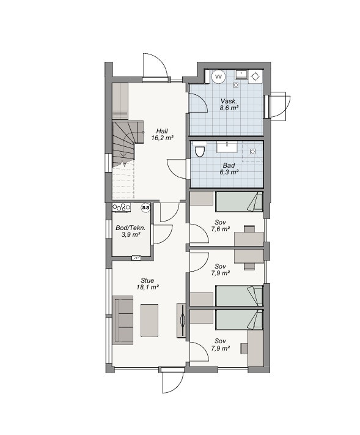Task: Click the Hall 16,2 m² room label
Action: point(163,134)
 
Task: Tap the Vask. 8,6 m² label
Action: point(229,105)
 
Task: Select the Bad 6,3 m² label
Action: point(229,169)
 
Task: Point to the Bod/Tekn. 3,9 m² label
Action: point(131,231)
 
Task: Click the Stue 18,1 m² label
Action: point(147,283)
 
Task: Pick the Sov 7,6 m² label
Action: point(220,226)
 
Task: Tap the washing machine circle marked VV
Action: point(219,76)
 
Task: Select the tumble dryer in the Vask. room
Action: point(255,76)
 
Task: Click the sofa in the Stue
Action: point(123,320)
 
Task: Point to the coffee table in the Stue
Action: point(149,321)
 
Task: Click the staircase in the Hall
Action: point(128,144)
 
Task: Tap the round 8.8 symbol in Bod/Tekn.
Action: point(145,207)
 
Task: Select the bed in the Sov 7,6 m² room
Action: point(239,202)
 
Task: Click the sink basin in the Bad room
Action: point(227,147)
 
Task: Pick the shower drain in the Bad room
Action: point(252,152)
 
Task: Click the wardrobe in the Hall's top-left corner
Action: point(120,102)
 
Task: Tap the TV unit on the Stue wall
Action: point(182,321)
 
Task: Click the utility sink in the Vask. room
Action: point(241,75)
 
